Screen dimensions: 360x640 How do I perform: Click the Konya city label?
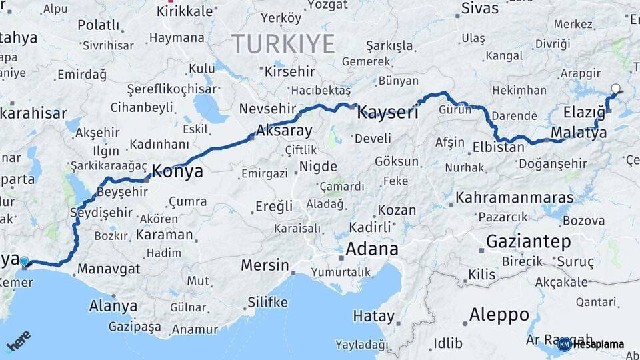[177, 171]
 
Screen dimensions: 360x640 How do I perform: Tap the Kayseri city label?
[387, 113]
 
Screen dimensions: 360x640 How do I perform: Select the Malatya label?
[579, 133]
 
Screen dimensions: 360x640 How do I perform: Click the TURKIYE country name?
[283, 44]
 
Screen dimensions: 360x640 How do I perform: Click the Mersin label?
[265, 265]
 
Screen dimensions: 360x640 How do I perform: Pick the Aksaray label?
[284, 130]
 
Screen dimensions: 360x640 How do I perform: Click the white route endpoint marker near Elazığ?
[615, 88]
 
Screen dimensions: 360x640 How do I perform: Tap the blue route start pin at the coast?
[25, 263]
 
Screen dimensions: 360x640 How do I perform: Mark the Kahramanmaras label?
[515, 198]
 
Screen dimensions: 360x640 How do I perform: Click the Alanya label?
[113, 306]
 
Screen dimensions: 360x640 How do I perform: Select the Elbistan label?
[498, 147]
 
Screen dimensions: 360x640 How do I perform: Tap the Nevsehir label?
[266, 109]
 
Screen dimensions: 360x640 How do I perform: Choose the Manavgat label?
[109, 269]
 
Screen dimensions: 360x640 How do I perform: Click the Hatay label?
[374, 315]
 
